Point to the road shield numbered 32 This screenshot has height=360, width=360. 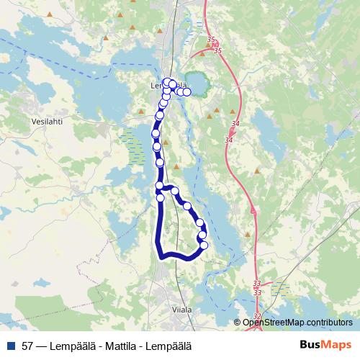click(258, 317)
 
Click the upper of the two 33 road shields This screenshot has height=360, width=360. click(257, 284)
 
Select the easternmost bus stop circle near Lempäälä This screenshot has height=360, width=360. click(187, 91)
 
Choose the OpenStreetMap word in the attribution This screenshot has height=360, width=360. click(273, 323)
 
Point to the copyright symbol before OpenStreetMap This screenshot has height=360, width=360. click(238, 323)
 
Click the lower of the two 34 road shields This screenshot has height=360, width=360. click(229, 140)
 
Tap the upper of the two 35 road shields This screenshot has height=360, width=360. click(210, 40)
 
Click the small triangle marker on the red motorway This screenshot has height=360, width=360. click(253, 210)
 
